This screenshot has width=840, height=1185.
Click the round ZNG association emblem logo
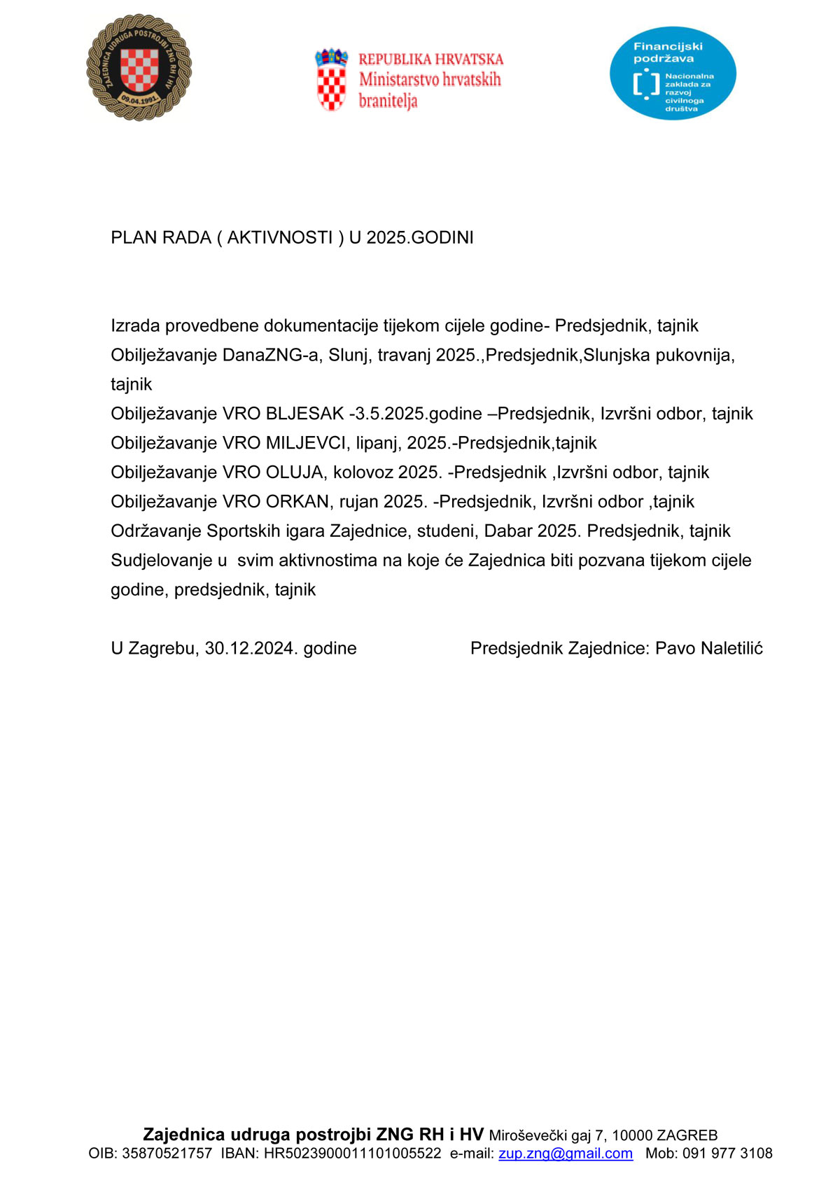pyautogui.click(x=139, y=68)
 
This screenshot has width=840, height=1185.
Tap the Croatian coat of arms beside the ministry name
pyautogui.click(x=331, y=79)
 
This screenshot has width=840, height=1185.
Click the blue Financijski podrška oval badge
pyautogui.click(x=673, y=73)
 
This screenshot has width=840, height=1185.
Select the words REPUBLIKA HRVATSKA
pyautogui.click(x=430, y=59)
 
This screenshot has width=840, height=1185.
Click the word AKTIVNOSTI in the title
pyautogui.click(x=280, y=238)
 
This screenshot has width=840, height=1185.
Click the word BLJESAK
pyautogui.click(x=304, y=414)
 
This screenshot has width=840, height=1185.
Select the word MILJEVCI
pyautogui.click(x=306, y=443)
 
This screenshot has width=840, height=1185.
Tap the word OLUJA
pyautogui.click(x=294, y=472)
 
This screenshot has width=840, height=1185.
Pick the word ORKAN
pyautogui.click(x=297, y=502)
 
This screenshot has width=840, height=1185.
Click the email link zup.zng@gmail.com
pyautogui.click(x=566, y=1154)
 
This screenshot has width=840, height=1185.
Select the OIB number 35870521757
pyautogui.click(x=167, y=1154)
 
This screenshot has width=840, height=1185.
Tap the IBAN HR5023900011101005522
pyautogui.click(x=352, y=1154)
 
